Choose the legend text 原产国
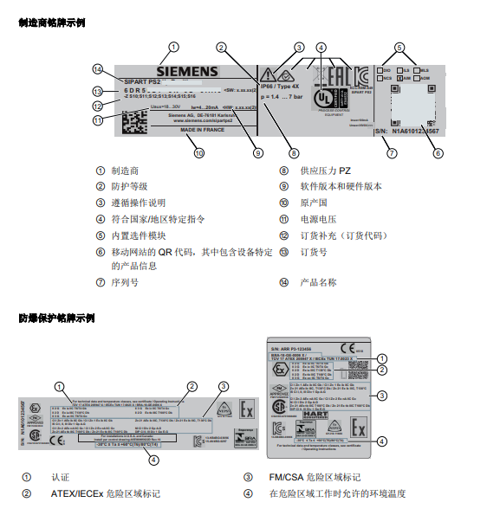(313, 203)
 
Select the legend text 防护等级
(136, 187)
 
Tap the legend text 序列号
(127, 282)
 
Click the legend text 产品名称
(318, 282)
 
